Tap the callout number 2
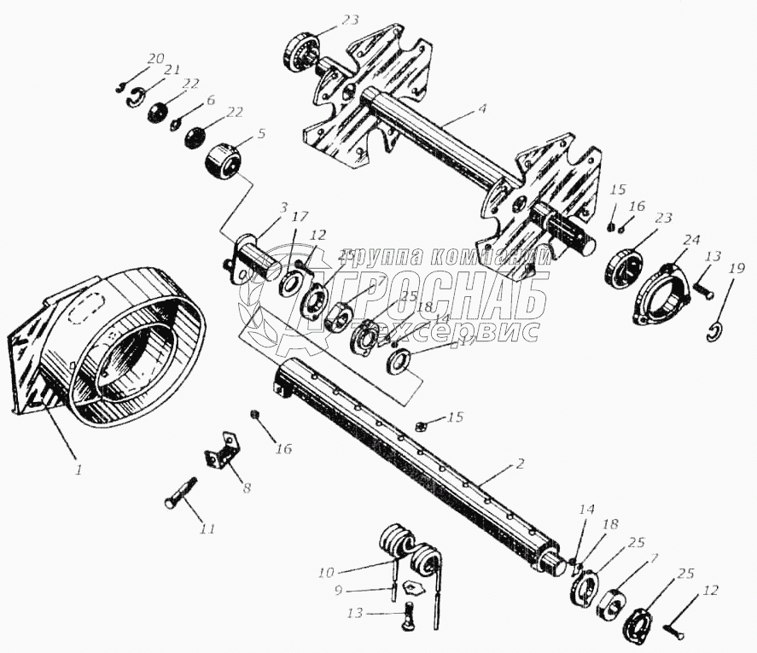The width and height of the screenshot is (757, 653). point(520,464)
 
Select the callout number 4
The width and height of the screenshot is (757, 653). point(483,110)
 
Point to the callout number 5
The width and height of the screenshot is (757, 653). point(261,134)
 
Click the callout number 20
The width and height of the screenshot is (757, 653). point(154,58)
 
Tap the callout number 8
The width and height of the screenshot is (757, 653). point(247,488)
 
